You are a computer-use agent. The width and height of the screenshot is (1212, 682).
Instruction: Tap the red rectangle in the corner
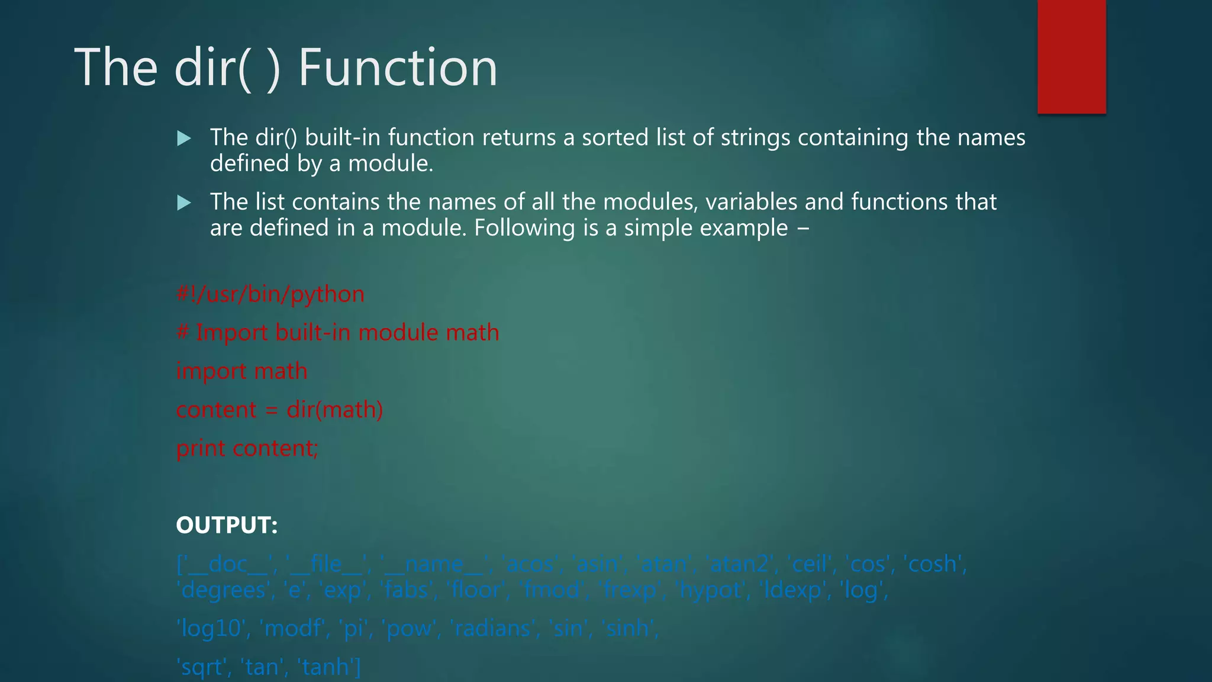coord(1071,56)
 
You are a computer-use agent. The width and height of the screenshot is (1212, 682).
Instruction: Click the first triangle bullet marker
coord(184,139)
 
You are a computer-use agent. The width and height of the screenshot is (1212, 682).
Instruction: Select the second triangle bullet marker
coord(184,203)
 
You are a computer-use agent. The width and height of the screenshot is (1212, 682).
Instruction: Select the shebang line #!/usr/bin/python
coord(270,294)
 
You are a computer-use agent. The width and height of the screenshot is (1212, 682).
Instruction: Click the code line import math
coord(241,371)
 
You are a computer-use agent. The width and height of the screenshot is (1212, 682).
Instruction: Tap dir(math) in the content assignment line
coord(334,410)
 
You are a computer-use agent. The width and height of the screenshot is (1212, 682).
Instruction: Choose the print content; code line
coord(247,448)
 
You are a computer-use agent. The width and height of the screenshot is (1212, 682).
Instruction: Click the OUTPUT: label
coord(227,525)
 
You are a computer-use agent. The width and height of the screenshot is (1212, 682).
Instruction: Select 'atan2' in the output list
coord(740,564)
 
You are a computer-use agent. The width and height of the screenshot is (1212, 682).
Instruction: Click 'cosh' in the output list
coord(934,564)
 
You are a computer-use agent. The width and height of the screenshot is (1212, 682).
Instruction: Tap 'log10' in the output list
coord(210,628)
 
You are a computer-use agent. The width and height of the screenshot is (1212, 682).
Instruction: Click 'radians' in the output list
coord(494,628)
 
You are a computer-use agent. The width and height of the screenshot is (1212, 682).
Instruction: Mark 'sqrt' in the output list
coord(202,667)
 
